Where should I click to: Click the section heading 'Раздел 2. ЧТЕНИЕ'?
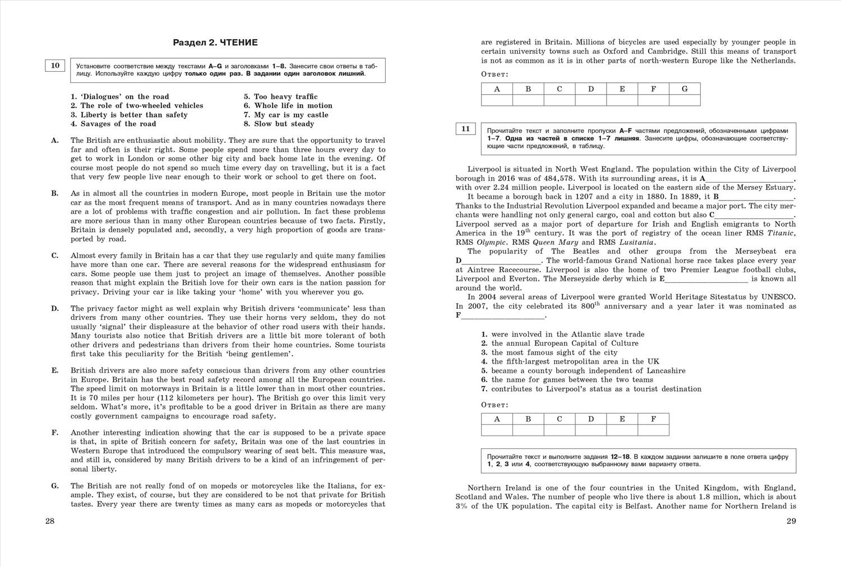tap(215, 43)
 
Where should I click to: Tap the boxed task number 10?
tap(55, 66)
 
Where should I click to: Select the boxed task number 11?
tap(465, 129)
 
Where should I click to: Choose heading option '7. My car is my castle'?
tap(286, 115)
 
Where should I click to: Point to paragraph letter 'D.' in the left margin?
tap(55, 308)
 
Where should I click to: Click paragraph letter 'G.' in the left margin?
tap(55, 486)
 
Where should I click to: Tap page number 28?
tap(50, 521)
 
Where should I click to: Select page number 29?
tap(791, 521)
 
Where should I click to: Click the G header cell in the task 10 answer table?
tap(685, 89)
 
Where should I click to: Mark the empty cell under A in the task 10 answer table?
tap(497, 100)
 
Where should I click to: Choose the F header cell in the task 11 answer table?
tap(653, 419)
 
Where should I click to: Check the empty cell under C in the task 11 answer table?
tap(560, 430)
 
